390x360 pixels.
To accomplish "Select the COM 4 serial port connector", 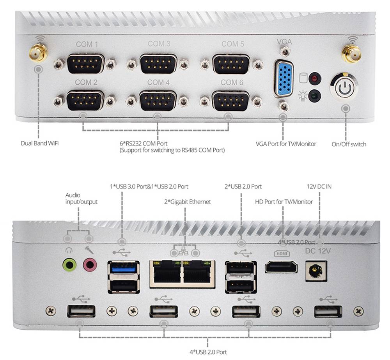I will tap(158, 101).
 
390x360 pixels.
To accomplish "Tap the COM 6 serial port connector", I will tap(230, 101).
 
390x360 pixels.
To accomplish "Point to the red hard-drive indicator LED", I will tap(315, 78).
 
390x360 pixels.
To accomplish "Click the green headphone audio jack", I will tap(69, 265).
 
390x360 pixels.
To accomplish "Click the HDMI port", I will tap(281, 268).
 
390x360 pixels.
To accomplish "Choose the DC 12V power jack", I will tap(316, 271).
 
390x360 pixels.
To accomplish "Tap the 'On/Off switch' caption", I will tap(349, 144).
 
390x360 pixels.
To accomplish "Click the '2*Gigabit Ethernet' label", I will tap(187, 202).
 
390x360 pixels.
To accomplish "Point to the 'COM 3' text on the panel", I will tap(159, 44).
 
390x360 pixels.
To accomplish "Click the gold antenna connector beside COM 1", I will tap(38, 54).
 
